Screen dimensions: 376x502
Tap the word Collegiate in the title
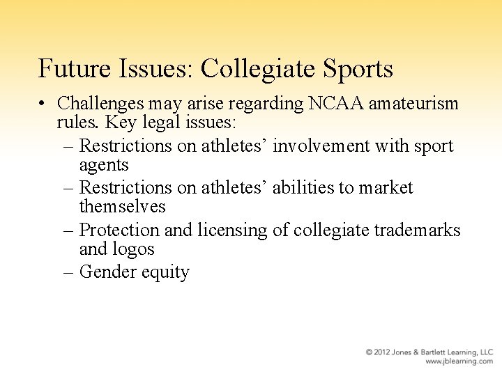point(264,69)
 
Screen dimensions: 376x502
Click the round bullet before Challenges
point(43,104)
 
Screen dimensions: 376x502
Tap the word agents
point(104,164)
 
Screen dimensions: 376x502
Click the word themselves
point(123,206)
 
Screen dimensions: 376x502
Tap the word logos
point(138,249)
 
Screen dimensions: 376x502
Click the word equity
point(167,272)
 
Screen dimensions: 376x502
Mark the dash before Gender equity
point(69,272)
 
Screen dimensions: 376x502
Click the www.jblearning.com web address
point(459,361)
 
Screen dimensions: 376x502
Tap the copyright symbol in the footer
point(369,352)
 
